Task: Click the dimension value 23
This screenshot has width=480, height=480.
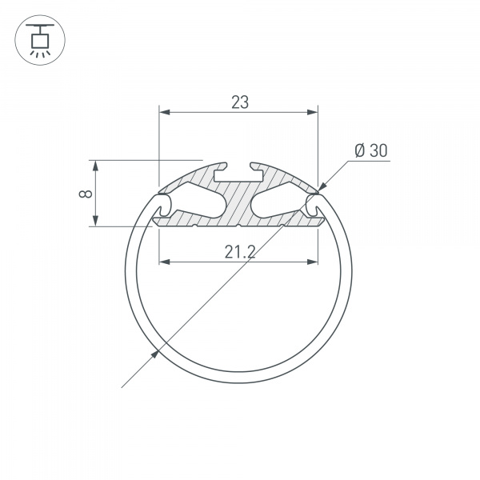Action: [239, 102]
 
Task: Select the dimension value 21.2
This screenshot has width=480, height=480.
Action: [239, 252]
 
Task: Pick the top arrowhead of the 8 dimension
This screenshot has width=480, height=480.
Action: [96, 166]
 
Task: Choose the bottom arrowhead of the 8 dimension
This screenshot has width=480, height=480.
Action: [96, 222]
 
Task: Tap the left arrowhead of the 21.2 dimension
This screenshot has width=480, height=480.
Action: [165, 261]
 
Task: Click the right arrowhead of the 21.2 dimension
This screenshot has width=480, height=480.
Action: [312, 261]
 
